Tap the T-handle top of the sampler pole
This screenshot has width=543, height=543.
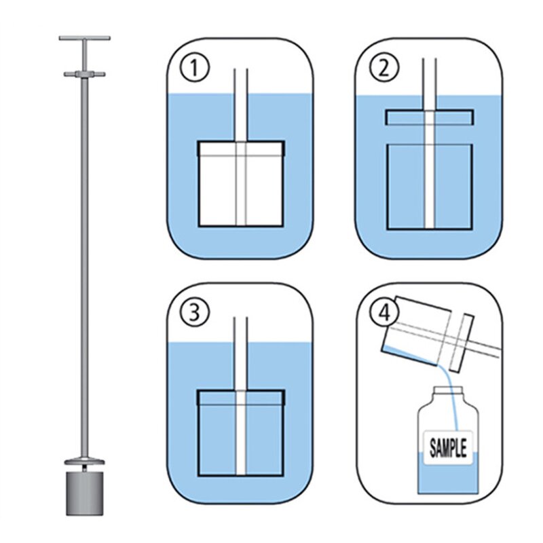[84, 39]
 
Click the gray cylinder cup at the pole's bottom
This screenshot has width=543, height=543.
[84, 494]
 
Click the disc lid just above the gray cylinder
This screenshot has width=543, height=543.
[84, 464]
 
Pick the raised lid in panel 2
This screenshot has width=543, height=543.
[428, 116]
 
